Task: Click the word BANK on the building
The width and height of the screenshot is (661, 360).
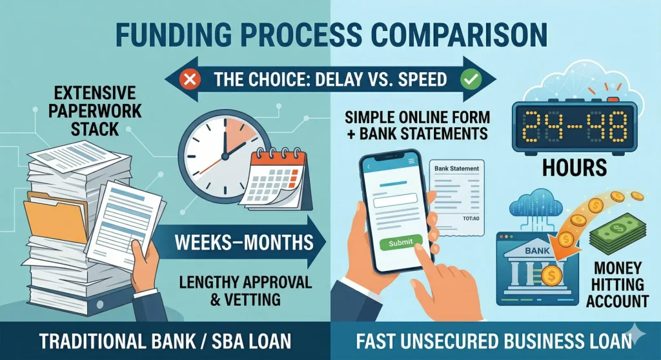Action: click(534, 249)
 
